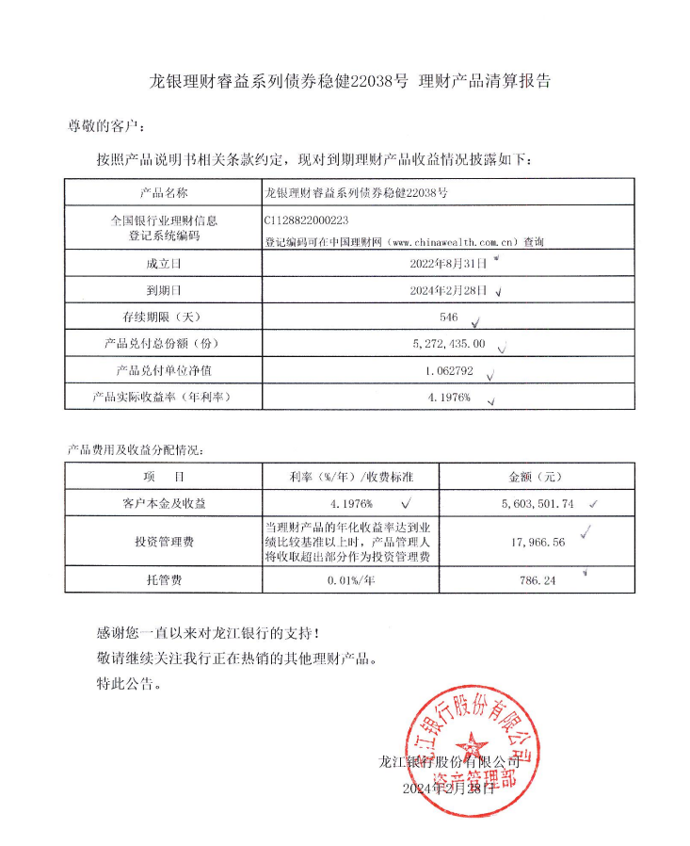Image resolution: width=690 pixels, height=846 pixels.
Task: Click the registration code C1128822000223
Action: point(308,220)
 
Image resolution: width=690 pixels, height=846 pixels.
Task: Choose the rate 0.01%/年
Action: point(351,580)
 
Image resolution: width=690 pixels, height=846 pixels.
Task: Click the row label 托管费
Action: point(164,580)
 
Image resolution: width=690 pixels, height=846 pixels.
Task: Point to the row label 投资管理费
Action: point(164,542)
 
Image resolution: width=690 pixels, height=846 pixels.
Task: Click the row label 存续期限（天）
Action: point(164,317)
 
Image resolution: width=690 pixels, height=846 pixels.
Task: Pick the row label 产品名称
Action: point(164,192)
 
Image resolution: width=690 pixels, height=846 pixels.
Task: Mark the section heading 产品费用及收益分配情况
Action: point(135,450)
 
